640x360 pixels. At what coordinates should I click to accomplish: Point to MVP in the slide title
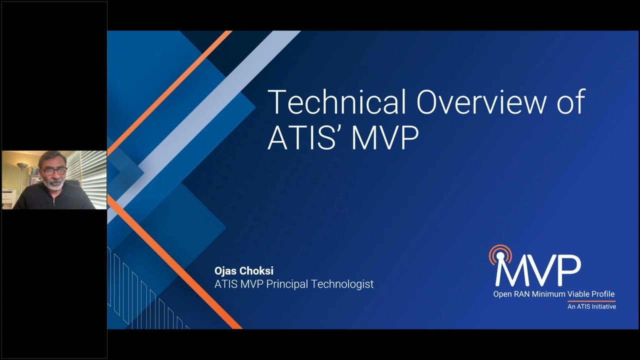coord(384,137)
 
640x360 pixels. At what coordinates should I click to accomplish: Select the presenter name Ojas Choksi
coord(244,271)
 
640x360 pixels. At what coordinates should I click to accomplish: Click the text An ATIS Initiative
coord(591,306)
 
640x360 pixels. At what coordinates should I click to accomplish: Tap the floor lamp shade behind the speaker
coord(22,165)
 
